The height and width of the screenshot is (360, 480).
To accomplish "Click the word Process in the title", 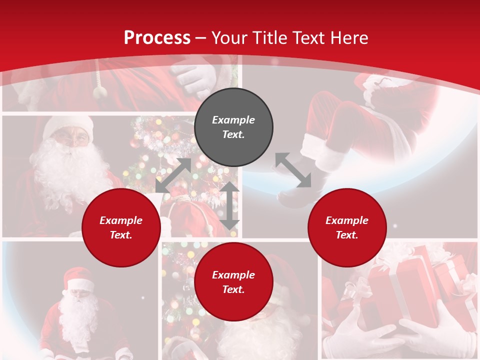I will [157, 37].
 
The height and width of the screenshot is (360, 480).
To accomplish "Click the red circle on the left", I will [121, 227].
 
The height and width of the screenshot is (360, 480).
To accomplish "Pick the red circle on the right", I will [347, 227].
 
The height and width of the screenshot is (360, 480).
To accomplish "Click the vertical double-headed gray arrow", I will [229, 205].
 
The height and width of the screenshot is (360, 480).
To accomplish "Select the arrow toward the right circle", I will [293, 170].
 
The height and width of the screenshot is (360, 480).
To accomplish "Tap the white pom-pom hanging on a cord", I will [100, 91].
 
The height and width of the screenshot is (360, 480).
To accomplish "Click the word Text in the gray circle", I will [233, 134].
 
